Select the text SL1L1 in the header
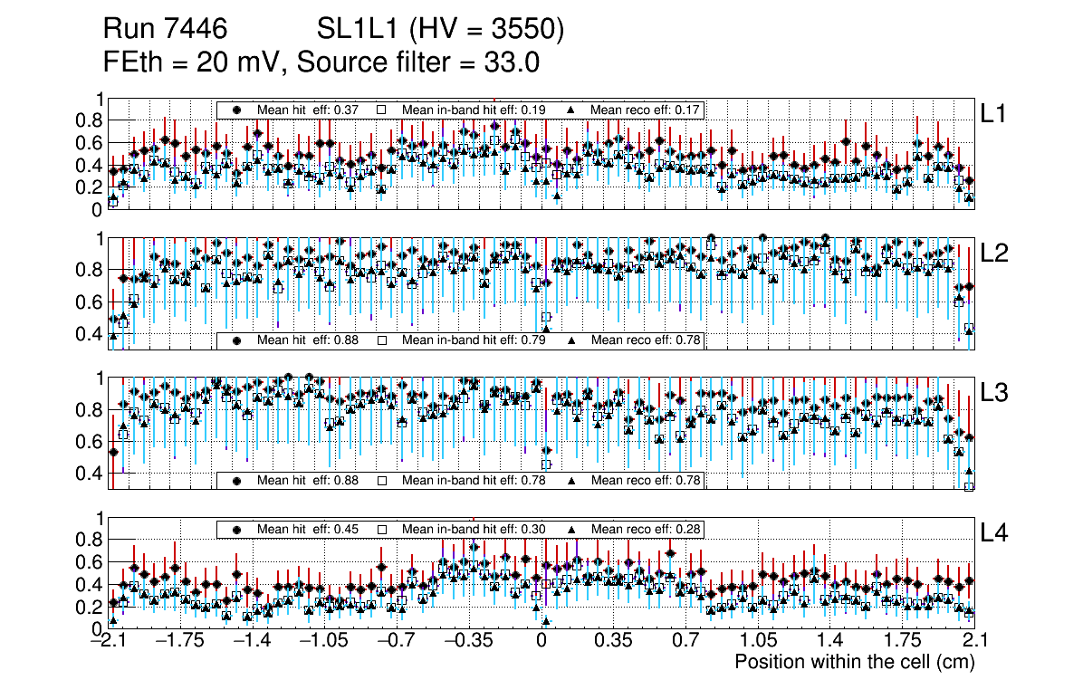tap(356, 31)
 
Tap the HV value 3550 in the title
tap(528, 31)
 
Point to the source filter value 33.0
tap(513, 62)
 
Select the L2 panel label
tap(995, 253)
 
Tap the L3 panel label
tap(995, 393)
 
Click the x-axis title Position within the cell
tap(854, 662)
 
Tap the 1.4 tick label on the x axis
tap(829, 642)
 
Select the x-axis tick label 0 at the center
tap(541, 642)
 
